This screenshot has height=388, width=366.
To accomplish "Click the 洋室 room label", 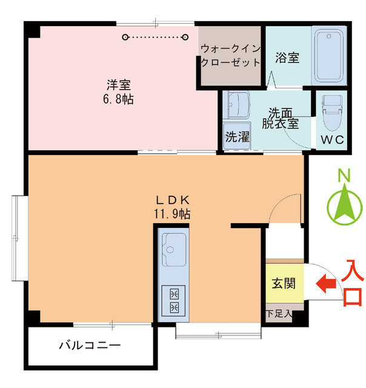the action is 119,85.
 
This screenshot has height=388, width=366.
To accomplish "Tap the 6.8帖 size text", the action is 118,99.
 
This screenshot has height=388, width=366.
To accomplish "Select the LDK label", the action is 173,200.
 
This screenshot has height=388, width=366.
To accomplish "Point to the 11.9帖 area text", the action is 172,214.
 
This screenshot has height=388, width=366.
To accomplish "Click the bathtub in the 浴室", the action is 329,56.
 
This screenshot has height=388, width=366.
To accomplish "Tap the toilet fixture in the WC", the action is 331,113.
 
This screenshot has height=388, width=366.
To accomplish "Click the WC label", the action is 332,140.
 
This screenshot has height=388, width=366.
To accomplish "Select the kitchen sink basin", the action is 174,249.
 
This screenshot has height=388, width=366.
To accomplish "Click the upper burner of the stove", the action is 174,294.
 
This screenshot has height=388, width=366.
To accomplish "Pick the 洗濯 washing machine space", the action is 237,136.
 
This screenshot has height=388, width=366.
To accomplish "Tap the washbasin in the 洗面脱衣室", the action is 238,105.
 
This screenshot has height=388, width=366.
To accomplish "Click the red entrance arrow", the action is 326,284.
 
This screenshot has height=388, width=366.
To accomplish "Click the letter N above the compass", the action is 344,175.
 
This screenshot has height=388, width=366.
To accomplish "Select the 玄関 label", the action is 284,283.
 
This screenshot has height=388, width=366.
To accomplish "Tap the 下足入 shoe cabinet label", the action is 279,314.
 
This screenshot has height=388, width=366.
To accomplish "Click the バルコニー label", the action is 90,345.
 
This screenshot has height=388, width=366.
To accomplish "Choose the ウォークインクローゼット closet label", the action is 230,56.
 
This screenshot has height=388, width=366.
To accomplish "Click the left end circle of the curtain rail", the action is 125,38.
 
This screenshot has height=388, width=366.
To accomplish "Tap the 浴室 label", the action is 287,58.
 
